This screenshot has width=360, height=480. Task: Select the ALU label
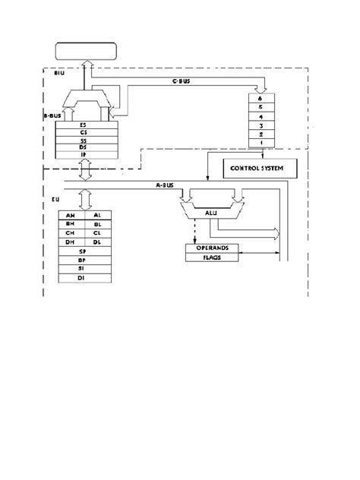pyautogui.click(x=206, y=215)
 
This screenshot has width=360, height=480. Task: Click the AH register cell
pyautogui.click(x=71, y=216)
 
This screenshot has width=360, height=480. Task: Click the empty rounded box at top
pyautogui.click(x=85, y=52)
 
